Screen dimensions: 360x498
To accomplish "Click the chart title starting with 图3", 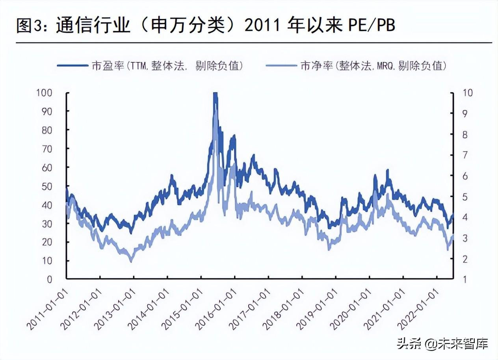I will [x=205, y=26].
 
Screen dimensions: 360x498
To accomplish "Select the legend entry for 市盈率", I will [x=150, y=66].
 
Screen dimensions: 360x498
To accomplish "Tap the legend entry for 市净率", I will [x=357, y=66].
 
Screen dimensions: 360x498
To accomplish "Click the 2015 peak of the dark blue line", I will [x=215, y=94].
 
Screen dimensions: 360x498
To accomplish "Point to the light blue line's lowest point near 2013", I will [x=131, y=261].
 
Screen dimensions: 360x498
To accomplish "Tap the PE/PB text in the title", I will [x=371, y=26].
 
